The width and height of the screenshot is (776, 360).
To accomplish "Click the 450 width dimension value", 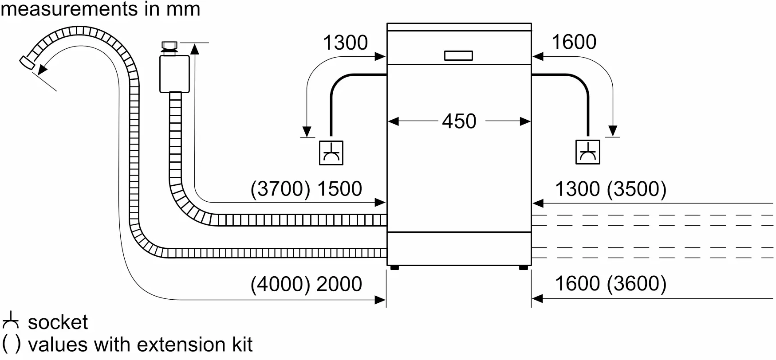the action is click(x=459, y=121).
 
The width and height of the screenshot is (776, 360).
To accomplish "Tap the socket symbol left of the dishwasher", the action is click(x=331, y=153).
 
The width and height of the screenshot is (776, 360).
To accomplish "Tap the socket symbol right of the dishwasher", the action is click(x=588, y=152).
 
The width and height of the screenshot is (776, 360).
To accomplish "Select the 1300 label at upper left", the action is click(x=345, y=43).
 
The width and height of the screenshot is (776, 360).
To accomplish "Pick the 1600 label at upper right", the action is click(x=574, y=42).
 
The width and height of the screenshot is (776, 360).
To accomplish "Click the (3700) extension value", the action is click(x=280, y=189).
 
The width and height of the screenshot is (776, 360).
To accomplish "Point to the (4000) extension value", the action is click(x=280, y=284).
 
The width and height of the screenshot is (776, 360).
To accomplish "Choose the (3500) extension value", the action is click(x=637, y=189).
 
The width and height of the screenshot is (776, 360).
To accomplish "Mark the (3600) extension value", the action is click(x=637, y=284).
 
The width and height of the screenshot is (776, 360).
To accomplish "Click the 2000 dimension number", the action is click(x=339, y=284).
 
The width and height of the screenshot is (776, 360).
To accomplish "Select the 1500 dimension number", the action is click(x=339, y=189).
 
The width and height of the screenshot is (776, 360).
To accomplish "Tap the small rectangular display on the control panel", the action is click(x=458, y=55).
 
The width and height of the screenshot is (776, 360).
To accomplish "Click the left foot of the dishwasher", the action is click(x=394, y=268).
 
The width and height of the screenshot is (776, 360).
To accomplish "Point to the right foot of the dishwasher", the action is click(x=524, y=268).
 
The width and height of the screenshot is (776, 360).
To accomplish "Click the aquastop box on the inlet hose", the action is click(x=174, y=74).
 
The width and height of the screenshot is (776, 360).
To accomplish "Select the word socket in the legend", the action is click(x=58, y=322).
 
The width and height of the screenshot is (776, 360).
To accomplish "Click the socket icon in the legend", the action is click(x=11, y=321).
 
